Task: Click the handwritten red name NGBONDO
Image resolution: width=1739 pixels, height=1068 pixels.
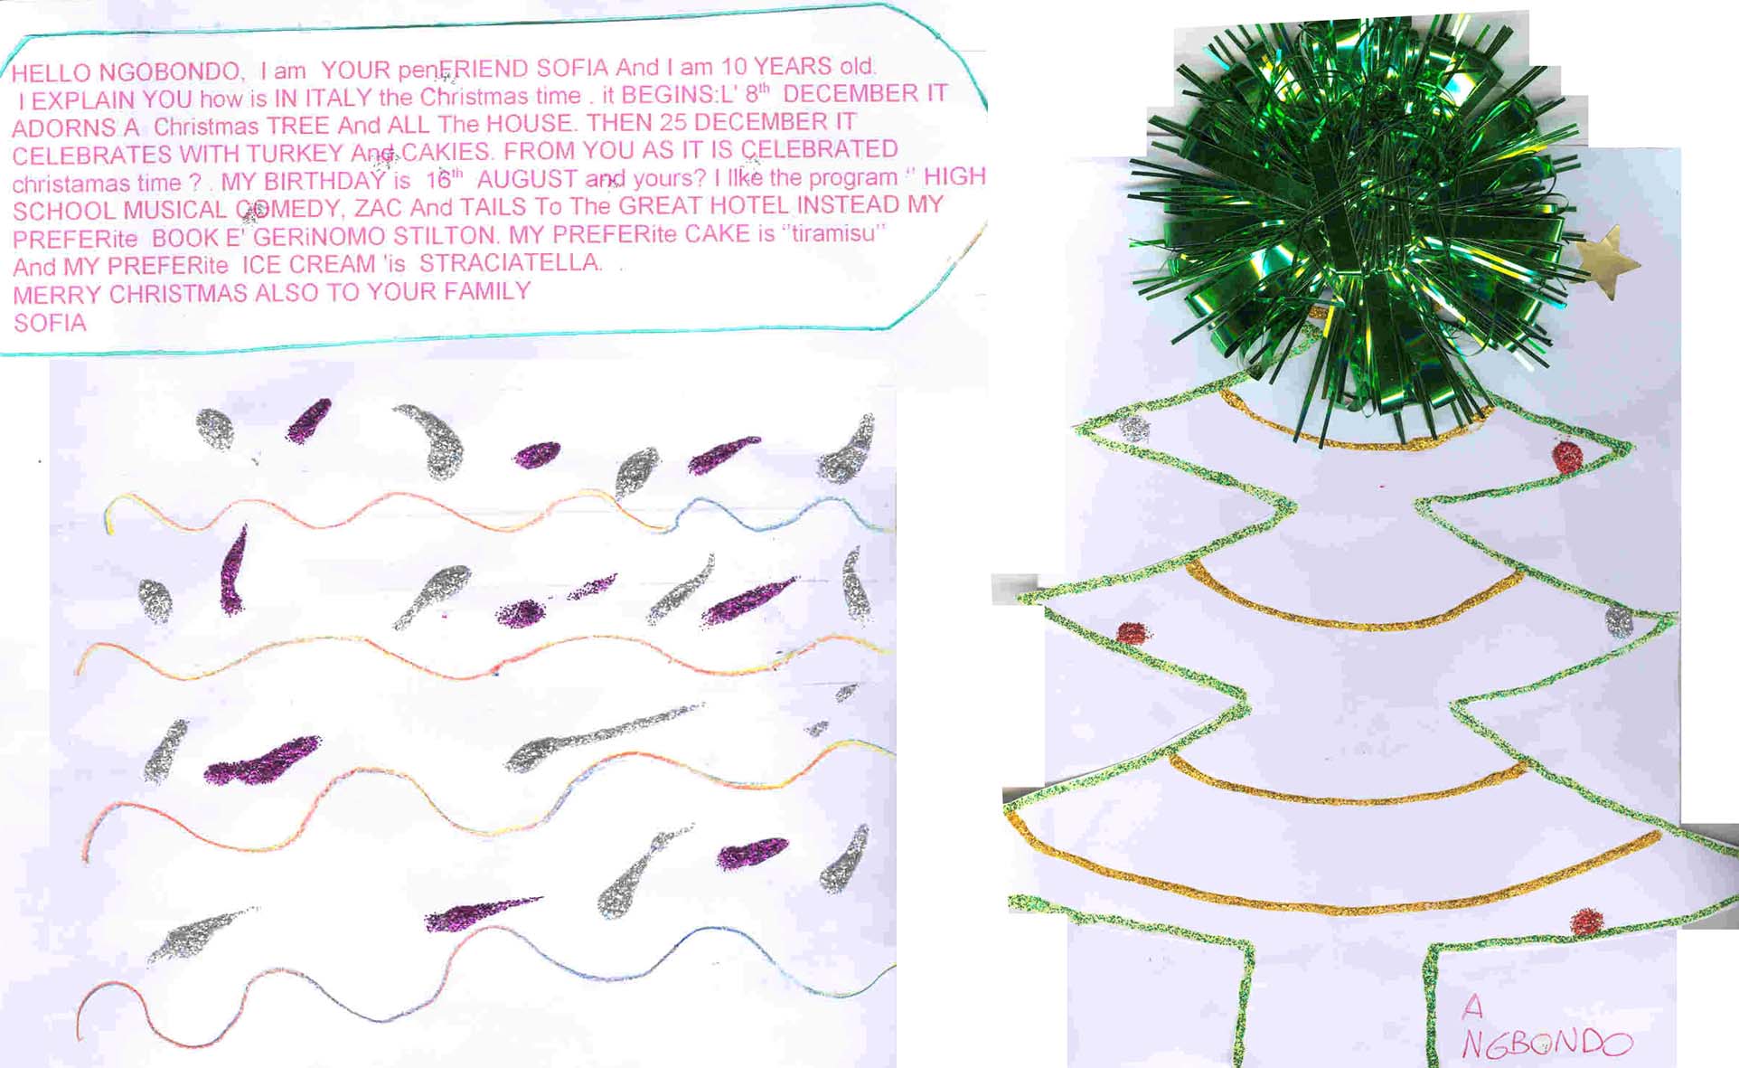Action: [x=1547, y=1044]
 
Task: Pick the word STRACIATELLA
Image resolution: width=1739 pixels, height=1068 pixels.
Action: [x=510, y=262]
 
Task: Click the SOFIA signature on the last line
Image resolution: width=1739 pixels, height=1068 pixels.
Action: [x=51, y=323]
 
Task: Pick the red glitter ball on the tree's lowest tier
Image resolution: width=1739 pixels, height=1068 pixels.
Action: [x=1586, y=921]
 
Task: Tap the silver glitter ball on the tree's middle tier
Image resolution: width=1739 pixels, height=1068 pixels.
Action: [x=1619, y=621]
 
